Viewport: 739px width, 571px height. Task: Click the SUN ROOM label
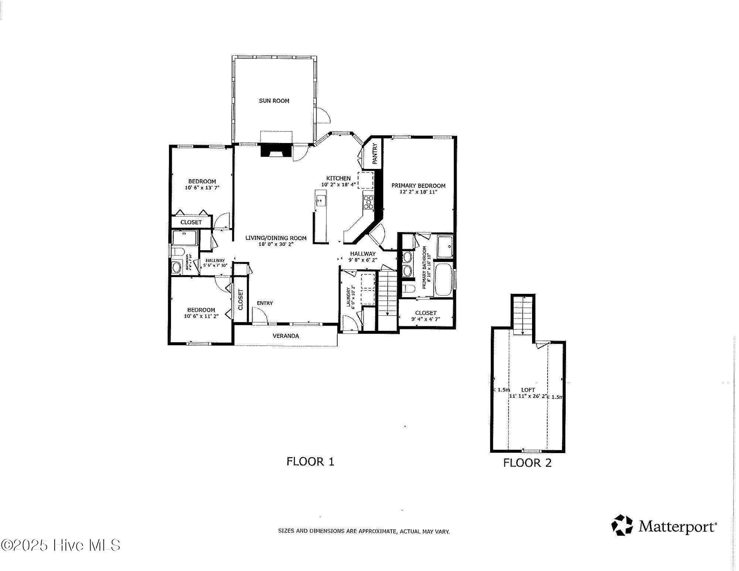tap(274, 101)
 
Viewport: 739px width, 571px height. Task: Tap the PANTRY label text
tap(375, 154)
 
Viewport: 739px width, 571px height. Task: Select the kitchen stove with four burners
tap(368, 203)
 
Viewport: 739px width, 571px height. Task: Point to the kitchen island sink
tap(320, 201)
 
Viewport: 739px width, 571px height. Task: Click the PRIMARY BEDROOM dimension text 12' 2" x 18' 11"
tap(418, 192)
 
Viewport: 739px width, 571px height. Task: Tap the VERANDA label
tap(286, 336)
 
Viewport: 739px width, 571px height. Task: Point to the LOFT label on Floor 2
tap(528, 390)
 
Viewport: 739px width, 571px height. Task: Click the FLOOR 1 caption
tap(310, 461)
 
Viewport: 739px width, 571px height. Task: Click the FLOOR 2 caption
tap(527, 463)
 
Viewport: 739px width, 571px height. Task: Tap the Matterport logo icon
tap(623, 525)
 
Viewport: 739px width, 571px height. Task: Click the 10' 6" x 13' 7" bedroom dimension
tap(202, 188)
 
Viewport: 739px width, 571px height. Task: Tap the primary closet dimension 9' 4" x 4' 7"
tap(426, 319)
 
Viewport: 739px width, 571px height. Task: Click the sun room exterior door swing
tap(324, 116)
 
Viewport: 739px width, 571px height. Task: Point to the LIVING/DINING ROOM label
tap(276, 238)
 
